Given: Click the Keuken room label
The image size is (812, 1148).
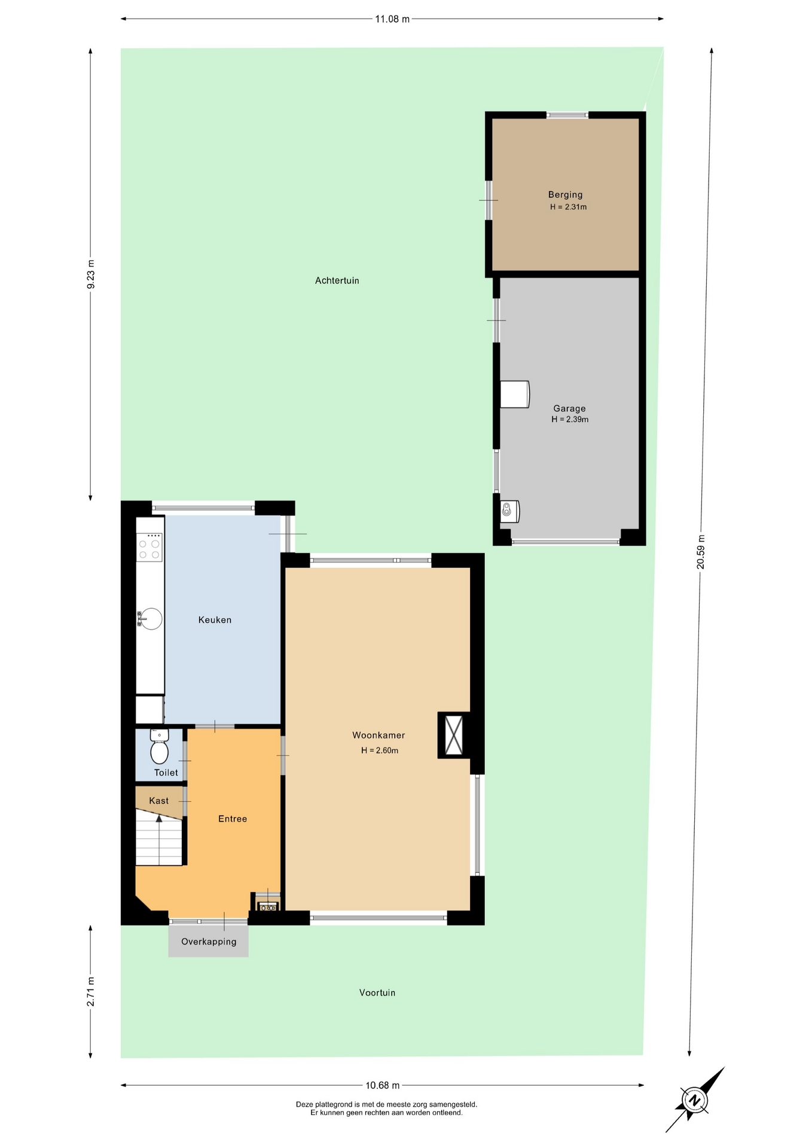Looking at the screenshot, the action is tap(215, 620).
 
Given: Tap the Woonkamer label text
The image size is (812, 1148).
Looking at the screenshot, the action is tap(378, 735).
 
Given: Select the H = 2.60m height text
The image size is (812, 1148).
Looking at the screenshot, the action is tap(380, 750).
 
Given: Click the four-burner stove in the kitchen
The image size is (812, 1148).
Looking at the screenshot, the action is tap(149, 547).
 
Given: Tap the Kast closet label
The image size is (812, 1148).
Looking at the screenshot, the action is tap(159, 801).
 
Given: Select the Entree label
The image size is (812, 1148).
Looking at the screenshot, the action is tap(233, 819).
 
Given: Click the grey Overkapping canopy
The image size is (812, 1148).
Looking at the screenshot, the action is tap(208, 941).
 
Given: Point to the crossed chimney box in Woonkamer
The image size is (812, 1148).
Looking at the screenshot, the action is tap(454, 735).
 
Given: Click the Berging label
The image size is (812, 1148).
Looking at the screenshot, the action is tap(565, 194).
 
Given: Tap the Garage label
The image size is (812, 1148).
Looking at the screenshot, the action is tap(569, 409).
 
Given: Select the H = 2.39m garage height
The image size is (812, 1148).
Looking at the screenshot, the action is tap(570, 420).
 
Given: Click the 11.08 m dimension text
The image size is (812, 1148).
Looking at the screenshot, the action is tap(392, 19).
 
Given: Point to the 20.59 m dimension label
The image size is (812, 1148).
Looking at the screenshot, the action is tap(701, 551).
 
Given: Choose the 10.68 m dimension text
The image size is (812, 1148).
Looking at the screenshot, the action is tap(383, 1086).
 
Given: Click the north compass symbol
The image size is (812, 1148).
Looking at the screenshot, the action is tap(695, 1100).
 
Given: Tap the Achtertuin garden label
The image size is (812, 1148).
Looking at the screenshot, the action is tap(337, 280).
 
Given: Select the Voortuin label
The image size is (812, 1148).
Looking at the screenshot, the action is tap(377, 993).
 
